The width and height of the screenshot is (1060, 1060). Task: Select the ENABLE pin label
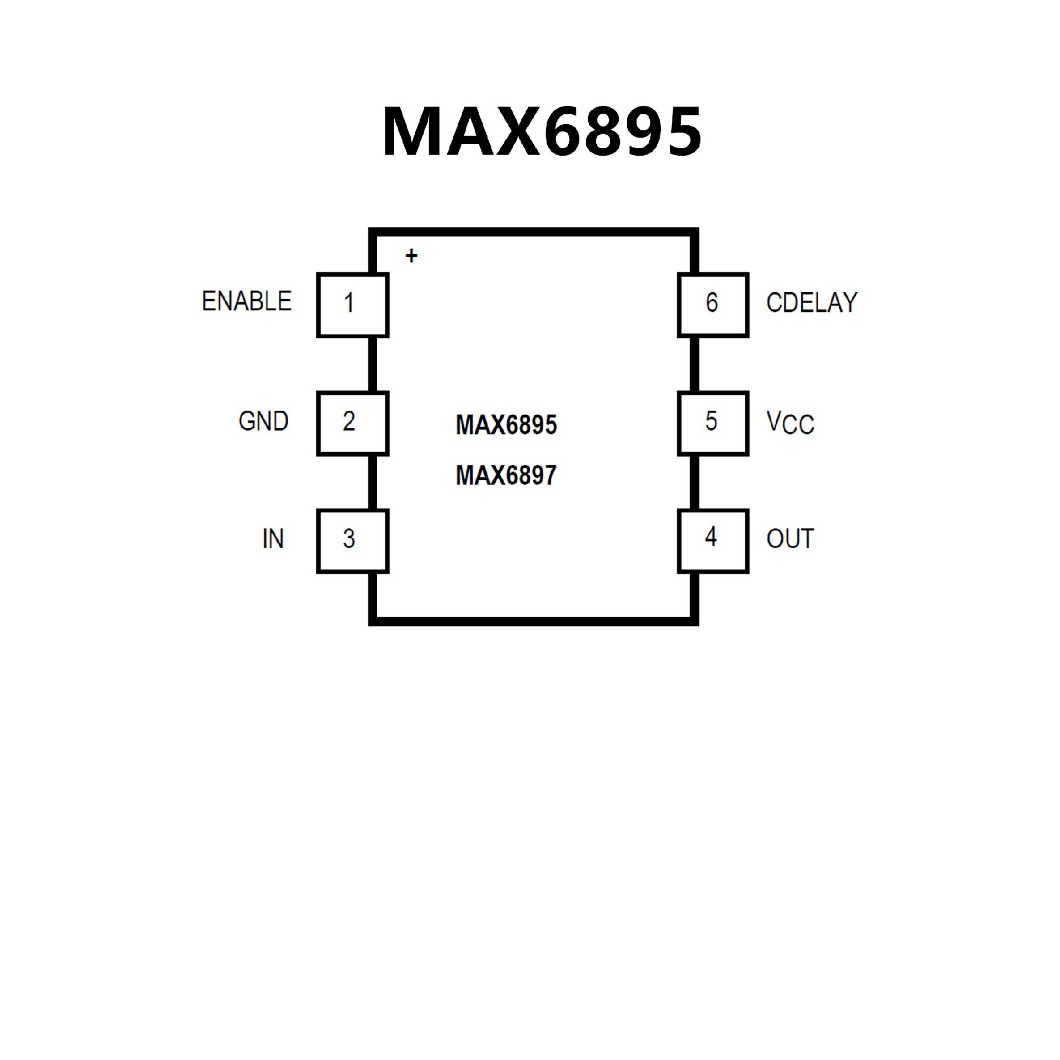click(246, 301)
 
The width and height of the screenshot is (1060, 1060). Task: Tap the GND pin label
click(263, 421)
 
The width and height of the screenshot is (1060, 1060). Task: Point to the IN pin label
click(273, 539)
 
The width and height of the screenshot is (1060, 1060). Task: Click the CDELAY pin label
click(812, 303)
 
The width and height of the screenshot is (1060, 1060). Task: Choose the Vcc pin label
click(790, 423)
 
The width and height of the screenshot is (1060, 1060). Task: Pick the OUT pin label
click(790, 539)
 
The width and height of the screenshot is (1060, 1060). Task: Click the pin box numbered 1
click(352, 304)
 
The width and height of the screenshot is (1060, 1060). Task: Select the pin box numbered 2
click(352, 423)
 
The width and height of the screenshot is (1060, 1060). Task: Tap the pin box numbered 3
click(352, 541)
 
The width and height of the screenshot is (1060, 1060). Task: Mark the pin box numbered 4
click(713, 541)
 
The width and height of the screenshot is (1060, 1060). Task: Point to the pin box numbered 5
click(713, 423)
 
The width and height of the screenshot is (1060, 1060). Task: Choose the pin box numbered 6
click(713, 304)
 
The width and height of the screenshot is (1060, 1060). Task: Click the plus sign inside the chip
click(411, 256)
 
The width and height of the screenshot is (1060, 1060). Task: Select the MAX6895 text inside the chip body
click(506, 425)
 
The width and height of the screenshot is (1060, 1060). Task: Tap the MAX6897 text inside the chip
click(506, 475)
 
